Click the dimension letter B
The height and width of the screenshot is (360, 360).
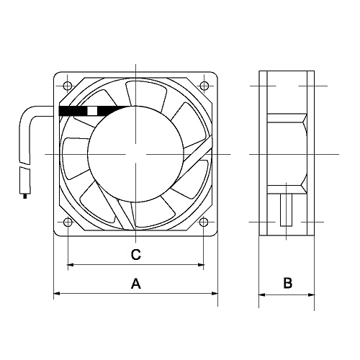(x=287, y=284)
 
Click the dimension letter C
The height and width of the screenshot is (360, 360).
(x=135, y=255)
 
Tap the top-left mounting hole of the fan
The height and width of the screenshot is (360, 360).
(x=67, y=86)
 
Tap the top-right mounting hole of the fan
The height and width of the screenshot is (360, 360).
(x=204, y=86)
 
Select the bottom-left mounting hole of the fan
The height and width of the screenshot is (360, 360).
(x=67, y=222)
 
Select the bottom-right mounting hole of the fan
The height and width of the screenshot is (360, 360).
(x=204, y=222)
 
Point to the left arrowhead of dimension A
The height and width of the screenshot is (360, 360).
(x=58, y=294)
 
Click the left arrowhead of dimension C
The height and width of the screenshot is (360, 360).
(x=71, y=266)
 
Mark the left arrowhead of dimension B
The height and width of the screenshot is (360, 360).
(x=262, y=294)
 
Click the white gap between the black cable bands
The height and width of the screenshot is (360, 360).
(x=91, y=111)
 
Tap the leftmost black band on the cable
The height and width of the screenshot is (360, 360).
(x=71, y=111)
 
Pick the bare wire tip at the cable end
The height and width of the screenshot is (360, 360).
(x=27, y=192)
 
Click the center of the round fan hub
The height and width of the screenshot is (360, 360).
(x=135, y=155)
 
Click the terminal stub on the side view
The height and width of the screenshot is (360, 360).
(x=286, y=209)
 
